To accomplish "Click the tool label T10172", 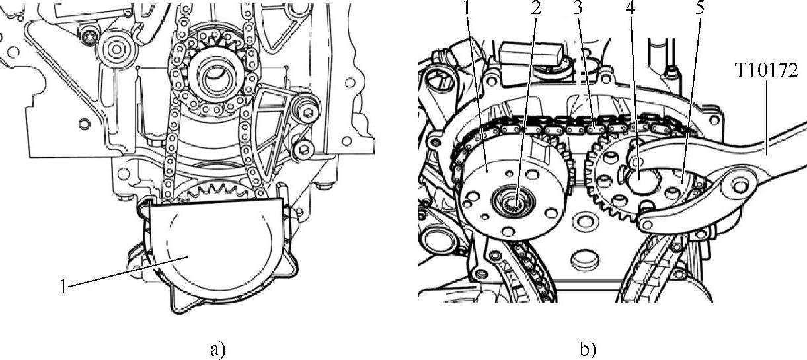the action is click(x=765, y=71).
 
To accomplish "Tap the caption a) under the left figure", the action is click(x=217, y=349).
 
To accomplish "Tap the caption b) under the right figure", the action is click(x=588, y=349).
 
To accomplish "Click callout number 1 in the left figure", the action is click(x=63, y=287).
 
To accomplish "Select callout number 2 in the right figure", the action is click(x=536, y=7).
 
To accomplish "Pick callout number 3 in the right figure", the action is click(x=578, y=7).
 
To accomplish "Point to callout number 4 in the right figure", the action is click(x=630, y=7).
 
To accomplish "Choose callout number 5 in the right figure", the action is click(x=699, y=7).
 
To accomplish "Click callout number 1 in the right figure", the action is click(x=467, y=7).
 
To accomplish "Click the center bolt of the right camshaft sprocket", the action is click(x=640, y=177).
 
